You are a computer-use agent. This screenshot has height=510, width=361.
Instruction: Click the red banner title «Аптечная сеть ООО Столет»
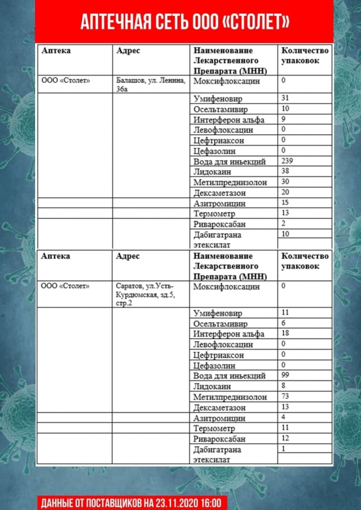click(185, 22)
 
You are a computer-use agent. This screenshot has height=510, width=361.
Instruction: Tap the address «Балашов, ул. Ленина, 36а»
click(151, 85)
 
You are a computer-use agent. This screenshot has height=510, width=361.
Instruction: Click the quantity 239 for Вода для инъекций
click(287, 161)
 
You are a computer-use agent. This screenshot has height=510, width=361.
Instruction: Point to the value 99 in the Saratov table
click(285, 376)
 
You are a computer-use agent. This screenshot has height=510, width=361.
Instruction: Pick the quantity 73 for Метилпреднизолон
click(285, 397)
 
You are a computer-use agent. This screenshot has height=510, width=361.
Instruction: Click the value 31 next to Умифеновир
click(284, 98)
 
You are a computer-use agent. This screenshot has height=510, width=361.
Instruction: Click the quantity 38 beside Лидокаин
click(285, 172)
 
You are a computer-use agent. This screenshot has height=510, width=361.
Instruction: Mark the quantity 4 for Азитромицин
click(283, 418)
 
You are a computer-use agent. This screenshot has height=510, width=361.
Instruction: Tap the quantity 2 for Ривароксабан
click(283, 224)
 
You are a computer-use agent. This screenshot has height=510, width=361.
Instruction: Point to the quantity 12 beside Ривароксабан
click(285, 439)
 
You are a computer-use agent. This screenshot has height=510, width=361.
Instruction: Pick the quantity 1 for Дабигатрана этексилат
click(283, 449)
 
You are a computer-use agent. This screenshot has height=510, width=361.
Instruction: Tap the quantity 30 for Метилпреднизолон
click(285, 182)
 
